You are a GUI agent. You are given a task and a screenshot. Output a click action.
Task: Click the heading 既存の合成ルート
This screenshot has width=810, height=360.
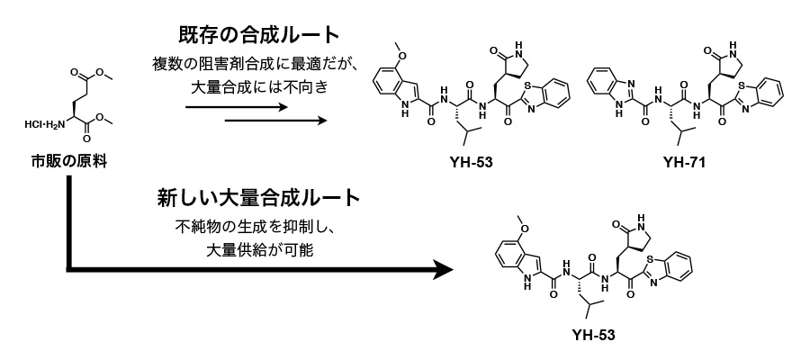(257, 37)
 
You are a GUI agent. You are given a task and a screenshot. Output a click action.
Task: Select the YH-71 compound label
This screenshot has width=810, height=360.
(681, 161)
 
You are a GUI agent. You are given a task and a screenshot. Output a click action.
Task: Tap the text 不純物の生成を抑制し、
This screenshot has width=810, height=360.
(258, 227)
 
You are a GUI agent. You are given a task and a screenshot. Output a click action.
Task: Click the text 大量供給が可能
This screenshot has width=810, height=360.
(258, 249)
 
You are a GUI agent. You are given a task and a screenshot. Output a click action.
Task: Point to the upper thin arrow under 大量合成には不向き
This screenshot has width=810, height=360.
(237, 106)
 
